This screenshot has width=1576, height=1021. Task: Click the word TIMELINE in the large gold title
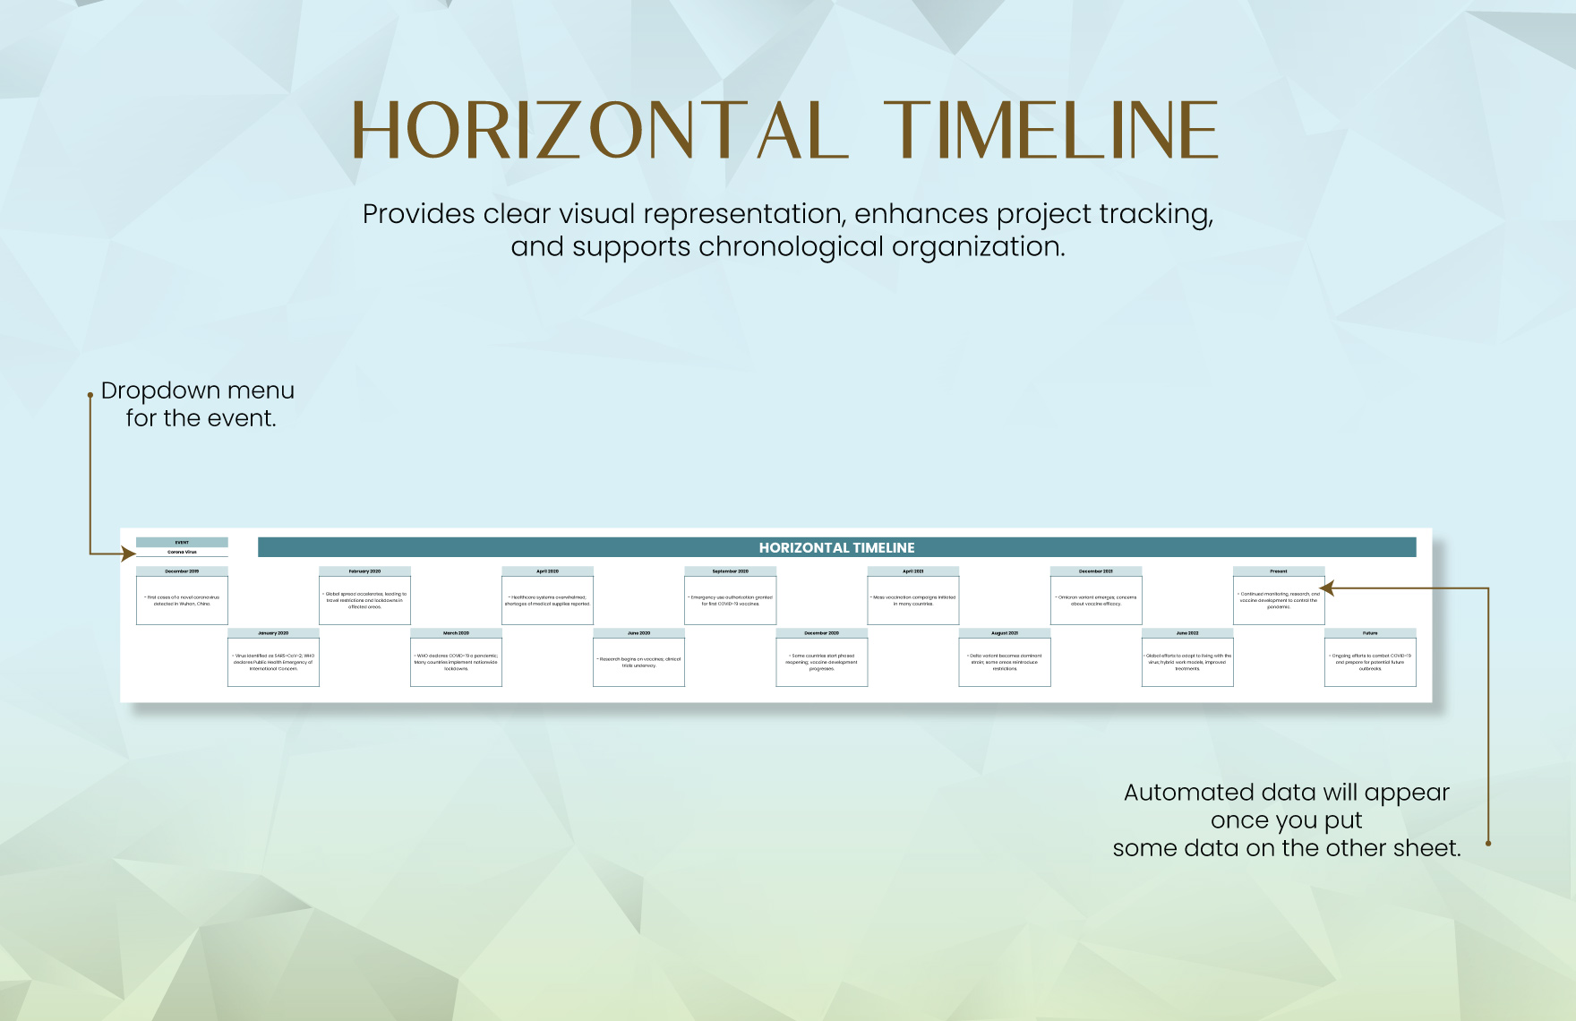[x=1050, y=131]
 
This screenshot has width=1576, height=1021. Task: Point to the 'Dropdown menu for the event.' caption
[x=198, y=404]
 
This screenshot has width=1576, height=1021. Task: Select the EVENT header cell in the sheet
[x=182, y=542]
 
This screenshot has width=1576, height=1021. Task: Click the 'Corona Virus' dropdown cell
[x=182, y=552]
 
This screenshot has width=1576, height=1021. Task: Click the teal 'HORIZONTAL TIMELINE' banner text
[x=836, y=547]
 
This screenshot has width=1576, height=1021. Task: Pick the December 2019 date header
[x=182, y=571]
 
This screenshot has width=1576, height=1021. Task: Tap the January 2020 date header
[x=273, y=632]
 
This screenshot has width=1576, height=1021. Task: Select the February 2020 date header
[x=364, y=571]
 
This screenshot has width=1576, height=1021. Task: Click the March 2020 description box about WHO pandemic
[x=456, y=662]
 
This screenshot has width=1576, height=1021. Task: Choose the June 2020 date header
[x=638, y=632]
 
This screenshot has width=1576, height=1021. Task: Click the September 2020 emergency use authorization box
[x=730, y=600]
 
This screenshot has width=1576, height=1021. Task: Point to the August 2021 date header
[x=1004, y=632]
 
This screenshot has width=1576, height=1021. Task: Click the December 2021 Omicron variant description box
[x=1095, y=600]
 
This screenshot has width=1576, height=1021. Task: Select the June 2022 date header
[x=1186, y=632]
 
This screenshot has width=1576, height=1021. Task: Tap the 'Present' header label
[x=1278, y=571]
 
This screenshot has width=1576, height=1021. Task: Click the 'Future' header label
[x=1369, y=632]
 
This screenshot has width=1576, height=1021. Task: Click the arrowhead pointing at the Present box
[x=1326, y=588]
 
